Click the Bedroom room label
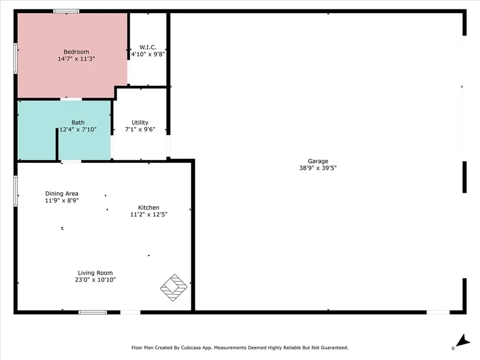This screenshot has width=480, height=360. (76, 52)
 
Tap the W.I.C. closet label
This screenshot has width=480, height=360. (148, 47)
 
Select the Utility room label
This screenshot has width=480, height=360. (140, 122)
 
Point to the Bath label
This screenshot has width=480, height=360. (78, 123)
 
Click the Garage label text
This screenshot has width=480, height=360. (318, 161)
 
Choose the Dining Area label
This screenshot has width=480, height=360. (61, 194)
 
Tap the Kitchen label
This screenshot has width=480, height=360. (149, 208)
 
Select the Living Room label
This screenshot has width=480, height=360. (95, 273)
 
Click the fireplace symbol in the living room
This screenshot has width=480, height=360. (174, 287)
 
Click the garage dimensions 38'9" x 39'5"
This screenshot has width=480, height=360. (318, 168)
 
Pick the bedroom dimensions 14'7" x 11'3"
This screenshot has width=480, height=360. (76, 59)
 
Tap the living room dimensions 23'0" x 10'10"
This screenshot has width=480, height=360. (95, 280)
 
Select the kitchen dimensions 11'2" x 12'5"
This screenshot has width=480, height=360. (149, 215)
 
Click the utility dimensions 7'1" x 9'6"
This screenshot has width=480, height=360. (140, 129)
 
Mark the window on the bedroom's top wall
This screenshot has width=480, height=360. (66, 11)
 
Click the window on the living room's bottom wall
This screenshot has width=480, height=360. (92, 312)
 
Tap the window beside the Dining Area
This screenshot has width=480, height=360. (15, 191)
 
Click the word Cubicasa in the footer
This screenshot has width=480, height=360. (201, 348)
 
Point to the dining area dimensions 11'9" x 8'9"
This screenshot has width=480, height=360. (61, 201)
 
